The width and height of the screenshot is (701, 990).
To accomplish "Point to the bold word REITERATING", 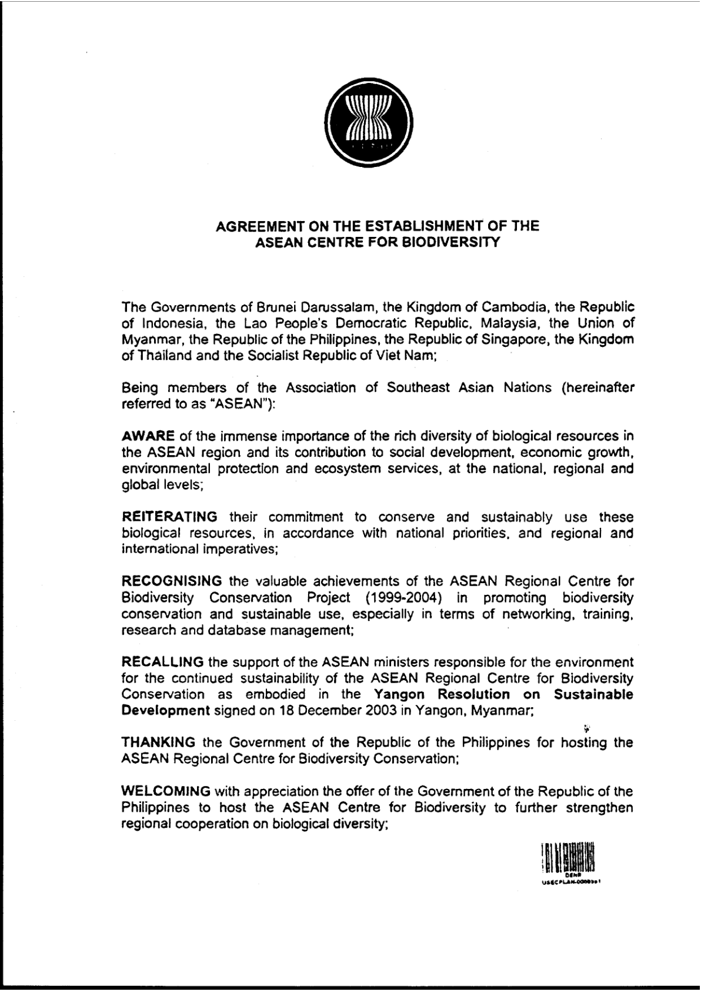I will [x=169, y=517].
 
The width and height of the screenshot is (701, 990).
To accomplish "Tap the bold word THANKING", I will [x=158, y=742].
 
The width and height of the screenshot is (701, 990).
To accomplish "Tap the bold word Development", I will [x=165, y=711].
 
